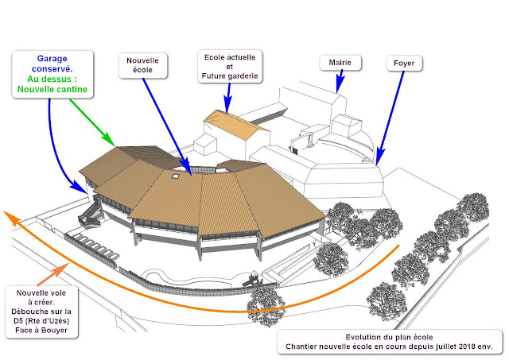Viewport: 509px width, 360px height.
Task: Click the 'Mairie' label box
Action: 335,61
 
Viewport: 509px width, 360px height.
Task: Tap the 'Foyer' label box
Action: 402,61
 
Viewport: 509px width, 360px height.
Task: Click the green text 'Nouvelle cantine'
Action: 53,90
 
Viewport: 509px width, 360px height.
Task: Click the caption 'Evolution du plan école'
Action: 387,337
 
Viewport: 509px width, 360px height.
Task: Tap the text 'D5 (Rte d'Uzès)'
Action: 45,321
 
